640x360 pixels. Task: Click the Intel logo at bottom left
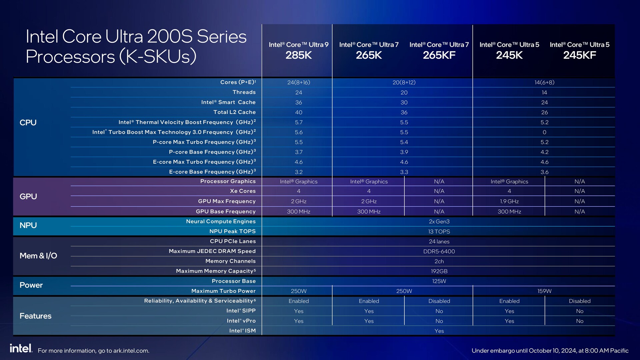[21, 348]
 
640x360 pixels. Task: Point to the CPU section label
[28, 123]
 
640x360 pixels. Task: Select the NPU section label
[28, 225]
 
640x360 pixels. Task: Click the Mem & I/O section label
[38, 256]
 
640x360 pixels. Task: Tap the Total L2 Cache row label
[234, 112]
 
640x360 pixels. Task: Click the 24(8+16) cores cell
[298, 82]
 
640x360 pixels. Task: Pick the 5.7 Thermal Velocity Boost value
[298, 122]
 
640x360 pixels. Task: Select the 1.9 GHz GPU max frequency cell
[509, 201]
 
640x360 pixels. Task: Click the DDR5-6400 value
[439, 251]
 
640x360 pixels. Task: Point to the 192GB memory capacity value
[439, 271]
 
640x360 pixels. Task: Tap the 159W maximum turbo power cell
[544, 291]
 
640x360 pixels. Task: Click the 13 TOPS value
[439, 231]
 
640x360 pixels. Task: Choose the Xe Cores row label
[243, 191]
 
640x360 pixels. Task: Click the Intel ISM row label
[242, 331]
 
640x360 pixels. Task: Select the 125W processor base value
[439, 281]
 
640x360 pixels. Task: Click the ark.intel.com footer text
[93, 351]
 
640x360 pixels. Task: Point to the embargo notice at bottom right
[550, 351]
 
